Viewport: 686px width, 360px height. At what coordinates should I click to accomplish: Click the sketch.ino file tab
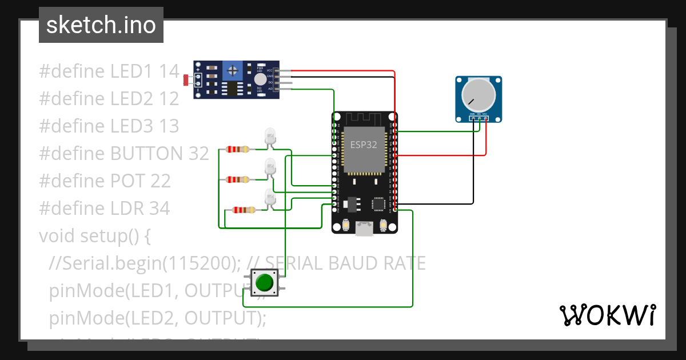101,25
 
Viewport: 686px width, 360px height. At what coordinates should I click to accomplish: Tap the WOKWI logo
607,315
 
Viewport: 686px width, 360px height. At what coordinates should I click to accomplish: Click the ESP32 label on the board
364,145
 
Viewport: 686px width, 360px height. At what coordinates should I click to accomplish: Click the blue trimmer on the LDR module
232,70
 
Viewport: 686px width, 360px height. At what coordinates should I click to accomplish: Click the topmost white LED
269,137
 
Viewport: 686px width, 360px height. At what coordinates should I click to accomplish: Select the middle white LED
269,167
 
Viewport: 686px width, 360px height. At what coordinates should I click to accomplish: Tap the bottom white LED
269,198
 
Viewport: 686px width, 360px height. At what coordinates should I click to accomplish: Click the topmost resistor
237,150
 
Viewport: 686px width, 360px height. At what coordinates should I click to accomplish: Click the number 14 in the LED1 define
169,71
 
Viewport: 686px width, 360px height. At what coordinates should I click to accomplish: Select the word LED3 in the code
129,126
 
